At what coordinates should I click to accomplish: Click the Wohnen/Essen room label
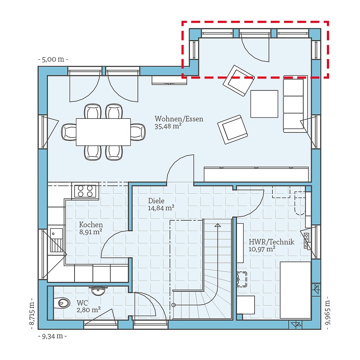pyautogui.click(x=179, y=119)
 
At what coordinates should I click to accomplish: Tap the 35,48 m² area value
pyautogui.click(x=168, y=126)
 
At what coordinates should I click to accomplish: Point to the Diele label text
pyautogui.click(x=156, y=201)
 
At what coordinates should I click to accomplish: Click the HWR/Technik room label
pyautogui.click(x=271, y=242)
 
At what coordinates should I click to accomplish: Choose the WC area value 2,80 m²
pyautogui.click(x=88, y=310)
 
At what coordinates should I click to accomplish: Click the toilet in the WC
pyautogui.click(x=62, y=303)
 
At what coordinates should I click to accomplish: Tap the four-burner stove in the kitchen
pyautogui.click(x=86, y=191)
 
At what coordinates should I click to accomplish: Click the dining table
pyautogui.click(x=103, y=132)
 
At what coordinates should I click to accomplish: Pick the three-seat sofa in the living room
pyautogui.click(x=293, y=104)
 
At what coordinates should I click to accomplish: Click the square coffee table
pyautogui.click(x=264, y=104)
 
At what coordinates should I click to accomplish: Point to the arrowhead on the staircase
pyautogui.click(x=217, y=225)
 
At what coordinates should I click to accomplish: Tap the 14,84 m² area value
pyautogui.click(x=161, y=208)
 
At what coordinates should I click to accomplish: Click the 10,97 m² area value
pyautogui.click(x=262, y=249)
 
